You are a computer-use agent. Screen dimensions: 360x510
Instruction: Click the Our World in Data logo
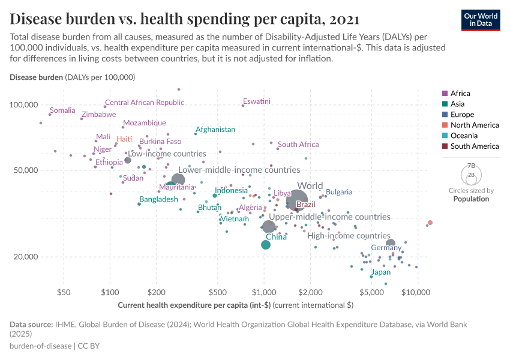tap(481, 19)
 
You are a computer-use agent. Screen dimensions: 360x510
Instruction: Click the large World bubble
tap(297, 200)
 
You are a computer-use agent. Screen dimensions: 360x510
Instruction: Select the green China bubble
tap(266, 245)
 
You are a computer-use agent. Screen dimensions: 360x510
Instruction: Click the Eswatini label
tap(257, 101)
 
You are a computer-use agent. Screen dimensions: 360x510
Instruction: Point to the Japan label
tap(381, 272)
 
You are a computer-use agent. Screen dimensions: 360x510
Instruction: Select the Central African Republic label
tap(144, 103)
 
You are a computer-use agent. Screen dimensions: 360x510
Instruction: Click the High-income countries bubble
tap(391, 244)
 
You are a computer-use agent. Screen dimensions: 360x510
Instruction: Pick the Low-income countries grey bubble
tap(127, 160)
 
